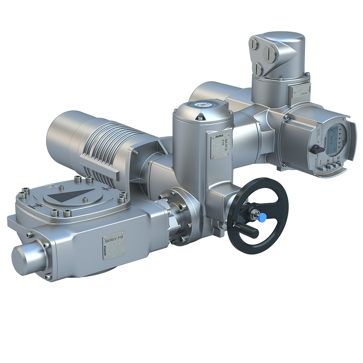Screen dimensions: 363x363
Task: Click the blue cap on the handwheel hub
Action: click(x=262, y=217)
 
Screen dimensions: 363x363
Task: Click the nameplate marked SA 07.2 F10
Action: click(x=220, y=146)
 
